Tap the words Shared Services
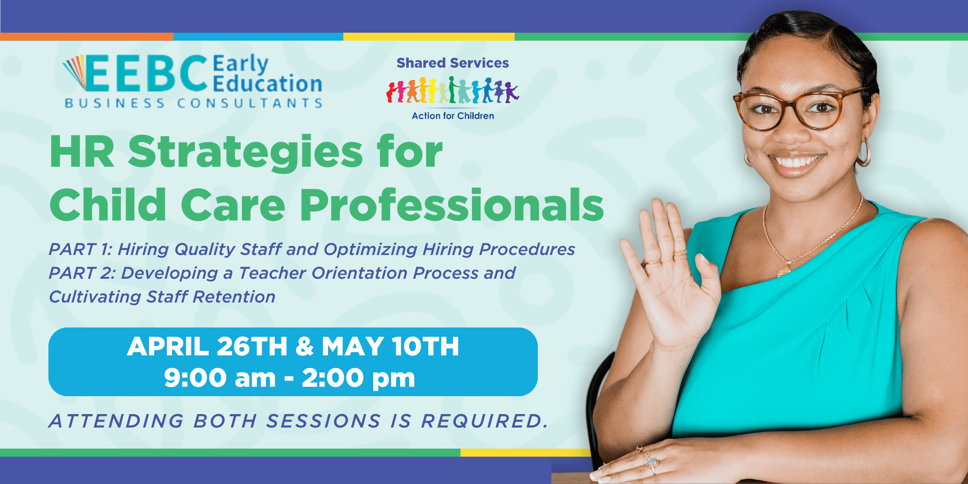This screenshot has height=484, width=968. [x=453, y=63]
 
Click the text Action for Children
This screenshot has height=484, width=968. [x=453, y=116]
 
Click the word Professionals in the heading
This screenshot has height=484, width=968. [x=452, y=205]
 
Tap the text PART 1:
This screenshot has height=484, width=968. [x=80, y=249]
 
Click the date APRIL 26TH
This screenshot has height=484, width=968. [x=207, y=346]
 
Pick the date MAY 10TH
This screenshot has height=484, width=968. [x=390, y=346]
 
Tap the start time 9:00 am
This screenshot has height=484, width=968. [x=220, y=378]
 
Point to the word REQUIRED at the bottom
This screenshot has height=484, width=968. [x=484, y=421]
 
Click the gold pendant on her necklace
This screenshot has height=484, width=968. [x=784, y=270]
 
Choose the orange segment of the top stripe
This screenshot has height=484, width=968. [x=86, y=37]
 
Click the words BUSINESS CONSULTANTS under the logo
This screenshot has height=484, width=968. [x=194, y=104]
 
